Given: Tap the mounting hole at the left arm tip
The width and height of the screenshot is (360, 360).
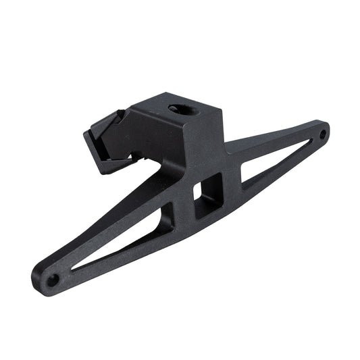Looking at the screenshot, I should (51, 278).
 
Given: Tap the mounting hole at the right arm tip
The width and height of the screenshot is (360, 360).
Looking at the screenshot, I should (323, 134).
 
